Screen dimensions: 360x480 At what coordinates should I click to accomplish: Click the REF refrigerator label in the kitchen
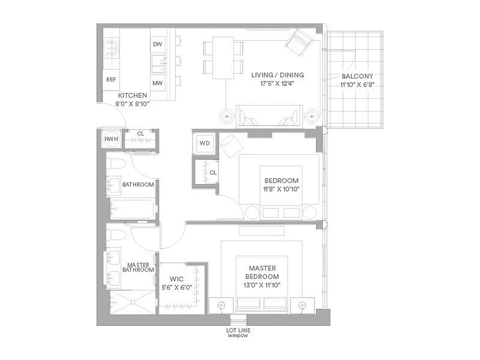click(x=111, y=80)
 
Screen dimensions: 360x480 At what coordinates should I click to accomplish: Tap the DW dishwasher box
click(x=157, y=44)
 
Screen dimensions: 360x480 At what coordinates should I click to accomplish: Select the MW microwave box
click(x=157, y=83)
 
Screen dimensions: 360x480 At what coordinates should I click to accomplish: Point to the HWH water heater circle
click(x=111, y=139)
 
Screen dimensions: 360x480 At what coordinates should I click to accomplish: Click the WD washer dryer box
click(x=205, y=143)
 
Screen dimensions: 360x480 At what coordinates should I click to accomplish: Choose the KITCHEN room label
click(x=132, y=95)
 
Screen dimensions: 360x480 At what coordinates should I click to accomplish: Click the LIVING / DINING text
click(x=277, y=75)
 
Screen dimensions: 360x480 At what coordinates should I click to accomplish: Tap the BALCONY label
click(x=357, y=76)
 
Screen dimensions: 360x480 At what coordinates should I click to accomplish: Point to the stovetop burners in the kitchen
click(x=112, y=48)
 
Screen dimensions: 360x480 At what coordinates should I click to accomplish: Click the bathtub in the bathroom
click(x=133, y=209)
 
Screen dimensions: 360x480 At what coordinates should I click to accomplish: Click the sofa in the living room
click(x=269, y=116)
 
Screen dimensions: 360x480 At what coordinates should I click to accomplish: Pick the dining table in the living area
click(x=223, y=58)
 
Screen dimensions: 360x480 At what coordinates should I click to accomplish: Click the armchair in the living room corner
click(x=297, y=42)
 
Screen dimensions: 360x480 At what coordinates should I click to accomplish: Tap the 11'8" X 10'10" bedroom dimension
click(x=281, y=189)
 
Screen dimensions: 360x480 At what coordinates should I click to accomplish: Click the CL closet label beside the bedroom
click(x=213, y=172)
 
